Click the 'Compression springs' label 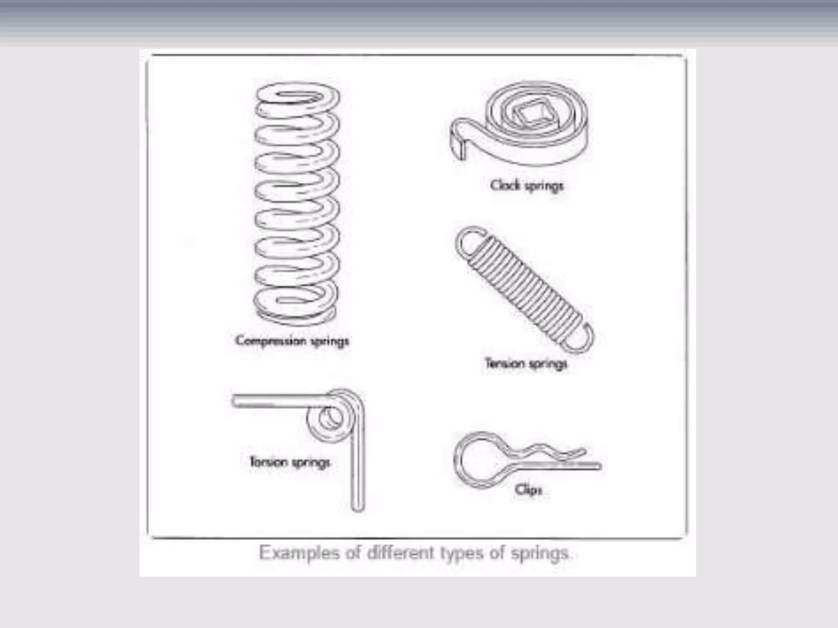(x=292, y=341)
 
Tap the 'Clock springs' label (x=527, y=186)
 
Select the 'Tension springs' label (x=526, y=363)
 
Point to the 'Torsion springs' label (x=290, y=462)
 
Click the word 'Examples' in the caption (x=299, y=553)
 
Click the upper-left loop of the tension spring (x=469, y=243)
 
